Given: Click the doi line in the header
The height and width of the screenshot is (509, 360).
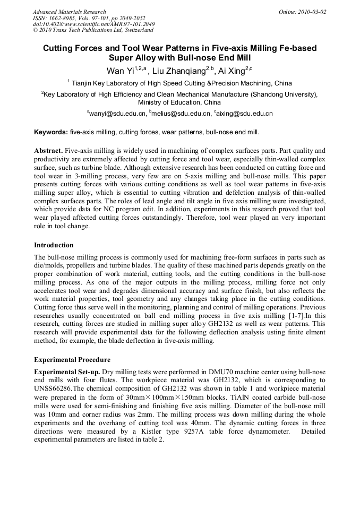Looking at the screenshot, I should [94, 24].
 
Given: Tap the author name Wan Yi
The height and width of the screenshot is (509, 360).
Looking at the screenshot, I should [120, 71].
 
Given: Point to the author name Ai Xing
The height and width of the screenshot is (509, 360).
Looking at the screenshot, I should [233, 71].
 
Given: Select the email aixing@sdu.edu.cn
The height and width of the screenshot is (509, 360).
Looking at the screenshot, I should [245, 114].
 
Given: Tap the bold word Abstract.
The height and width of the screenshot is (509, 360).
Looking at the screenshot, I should [49, 151].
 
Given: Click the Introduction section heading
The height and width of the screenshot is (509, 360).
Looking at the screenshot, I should [54, 245].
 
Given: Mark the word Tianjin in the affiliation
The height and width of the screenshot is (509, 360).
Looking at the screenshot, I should [84, 83].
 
